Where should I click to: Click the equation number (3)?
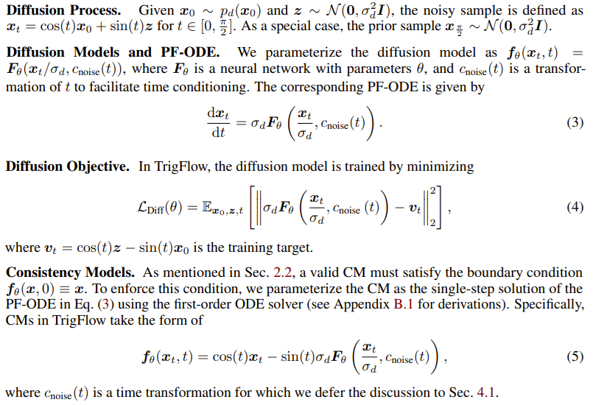575,123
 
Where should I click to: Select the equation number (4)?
575,207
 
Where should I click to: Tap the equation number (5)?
575,358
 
